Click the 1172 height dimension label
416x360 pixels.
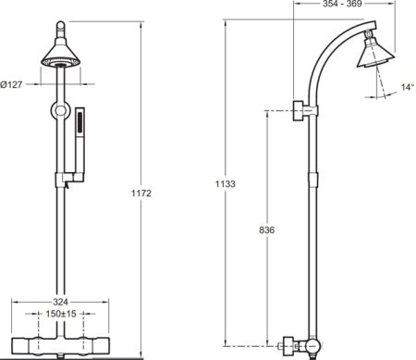(x=141, y=193)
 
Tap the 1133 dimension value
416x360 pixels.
(x=226, y=184)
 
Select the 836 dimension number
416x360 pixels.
(x=267, y=230)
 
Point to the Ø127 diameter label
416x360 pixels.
(x=11, y=84)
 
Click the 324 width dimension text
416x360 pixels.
(x=60, y=302)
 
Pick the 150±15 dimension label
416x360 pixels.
(x=61, y=314)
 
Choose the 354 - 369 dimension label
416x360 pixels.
(x=342, y=4)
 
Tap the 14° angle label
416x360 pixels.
(x=407, y=87)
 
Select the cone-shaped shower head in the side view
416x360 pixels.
(x=375, y=53)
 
